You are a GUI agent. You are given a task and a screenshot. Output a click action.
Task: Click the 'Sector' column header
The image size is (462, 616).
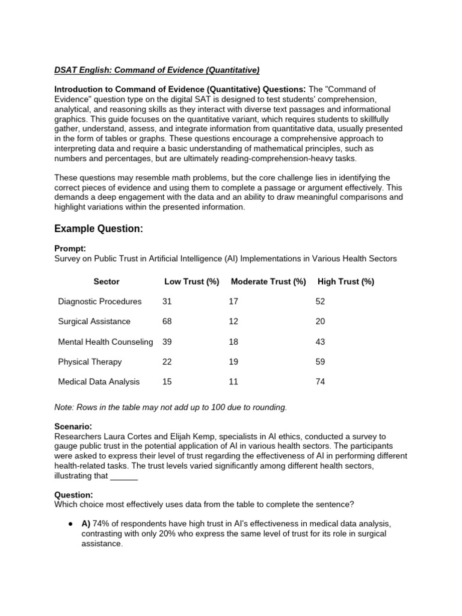coord(106,282)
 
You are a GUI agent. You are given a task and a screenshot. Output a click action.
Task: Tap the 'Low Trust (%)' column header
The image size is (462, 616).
coord(191,282)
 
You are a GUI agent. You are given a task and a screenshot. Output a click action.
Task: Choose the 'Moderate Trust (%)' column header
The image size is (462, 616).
coord(268,282)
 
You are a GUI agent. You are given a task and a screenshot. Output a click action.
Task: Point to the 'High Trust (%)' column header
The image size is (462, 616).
coord(345,282)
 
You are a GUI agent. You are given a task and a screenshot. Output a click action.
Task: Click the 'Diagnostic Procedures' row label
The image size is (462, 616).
coord(100,301)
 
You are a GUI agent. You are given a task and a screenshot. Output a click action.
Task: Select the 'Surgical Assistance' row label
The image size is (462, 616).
coord(94,321)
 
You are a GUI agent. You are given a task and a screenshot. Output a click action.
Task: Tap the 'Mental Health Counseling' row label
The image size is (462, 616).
coord(106,342)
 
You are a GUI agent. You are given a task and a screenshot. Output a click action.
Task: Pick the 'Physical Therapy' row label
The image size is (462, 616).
coord(90,362)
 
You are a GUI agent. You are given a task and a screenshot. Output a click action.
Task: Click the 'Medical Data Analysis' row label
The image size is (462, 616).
coord(99,381)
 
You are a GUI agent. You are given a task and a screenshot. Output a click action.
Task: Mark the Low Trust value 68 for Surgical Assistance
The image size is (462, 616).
coord(167,321)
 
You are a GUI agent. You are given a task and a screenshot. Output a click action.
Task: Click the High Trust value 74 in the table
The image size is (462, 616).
coord(320,381)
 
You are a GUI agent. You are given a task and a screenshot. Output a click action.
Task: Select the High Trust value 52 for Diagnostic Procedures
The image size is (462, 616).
coord(320,301)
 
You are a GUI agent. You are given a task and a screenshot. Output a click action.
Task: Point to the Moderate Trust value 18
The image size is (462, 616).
coord(233,342)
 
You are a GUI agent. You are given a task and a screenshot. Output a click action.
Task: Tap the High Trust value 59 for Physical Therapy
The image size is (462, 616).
coord(320,362)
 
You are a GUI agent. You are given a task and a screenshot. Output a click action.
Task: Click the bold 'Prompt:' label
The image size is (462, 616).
coord(70,248)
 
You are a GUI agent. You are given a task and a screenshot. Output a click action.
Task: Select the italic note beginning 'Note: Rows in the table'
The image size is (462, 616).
coord(170,407)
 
